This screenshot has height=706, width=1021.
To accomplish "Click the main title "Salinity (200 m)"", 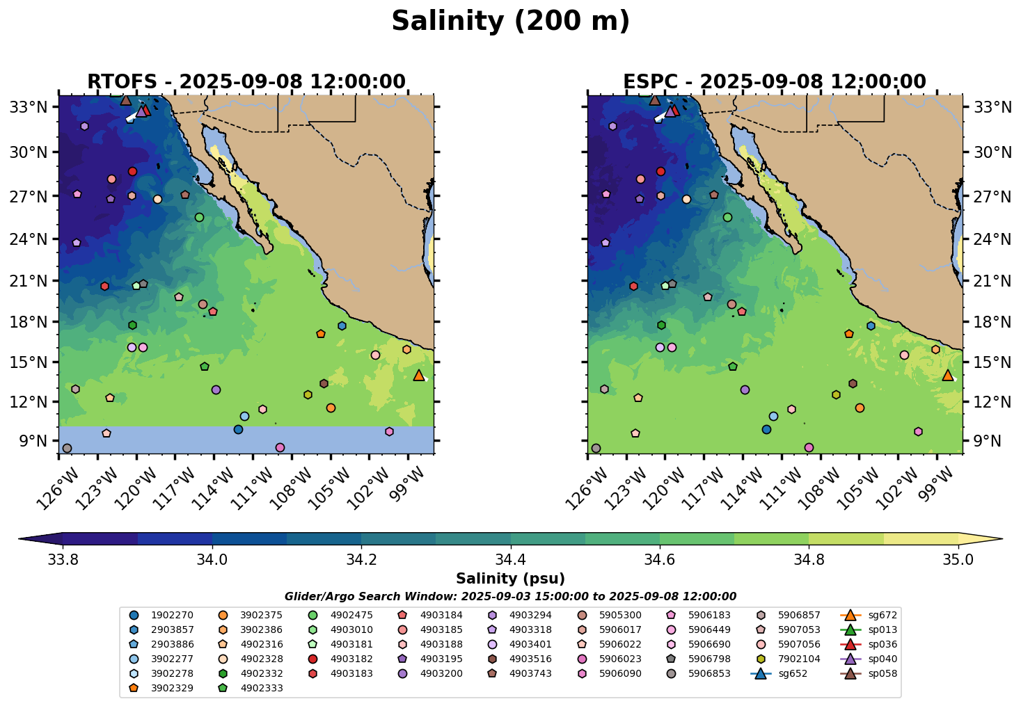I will [x=510, y=21].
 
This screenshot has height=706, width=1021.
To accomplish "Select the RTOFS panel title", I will [x=246, y=82].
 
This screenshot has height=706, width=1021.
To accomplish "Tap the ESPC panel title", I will [x=775, y=82].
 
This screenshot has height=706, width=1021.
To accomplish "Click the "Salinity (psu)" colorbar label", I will [x=510, y=579].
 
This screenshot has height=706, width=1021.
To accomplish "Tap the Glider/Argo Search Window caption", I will [x=510, y=597].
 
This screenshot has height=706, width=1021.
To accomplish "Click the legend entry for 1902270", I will [x=163, y=615].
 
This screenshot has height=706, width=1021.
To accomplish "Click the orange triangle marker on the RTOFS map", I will [x=419, y=376].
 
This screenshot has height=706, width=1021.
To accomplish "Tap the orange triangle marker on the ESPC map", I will [x=948, y=376].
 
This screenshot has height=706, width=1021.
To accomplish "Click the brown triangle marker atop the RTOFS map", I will [x=126, y=100].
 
